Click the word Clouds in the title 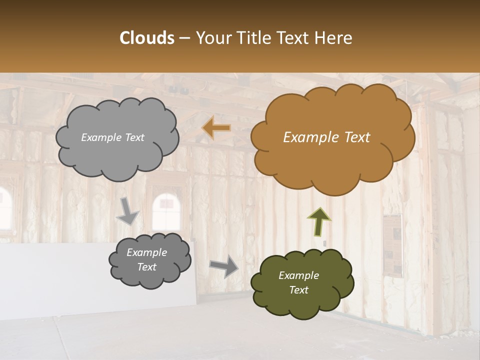point(146,38)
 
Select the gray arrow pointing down point(127,210)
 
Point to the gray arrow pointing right point(224,266)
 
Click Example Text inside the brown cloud point(326,137)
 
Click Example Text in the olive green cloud point(298,282)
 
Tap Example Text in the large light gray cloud point(112,137)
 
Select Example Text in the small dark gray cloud point(146,259)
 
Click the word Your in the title point(212,38)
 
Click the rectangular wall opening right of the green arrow point(393,245)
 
